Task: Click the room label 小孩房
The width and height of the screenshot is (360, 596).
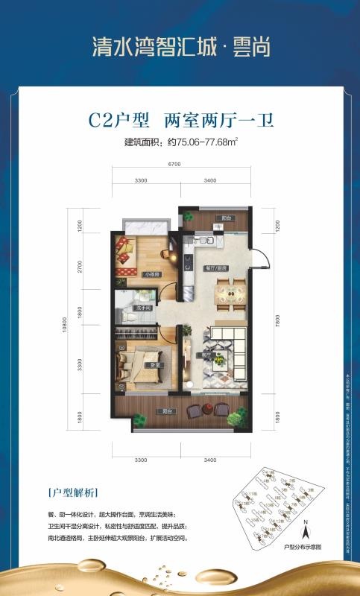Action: (x=151, y=275)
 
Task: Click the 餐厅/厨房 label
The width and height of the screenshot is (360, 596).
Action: (x=216, y=268)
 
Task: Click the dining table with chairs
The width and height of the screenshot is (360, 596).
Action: (x=230, y=291)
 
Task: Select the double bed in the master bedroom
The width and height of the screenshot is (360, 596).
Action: (x=139, y=364)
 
